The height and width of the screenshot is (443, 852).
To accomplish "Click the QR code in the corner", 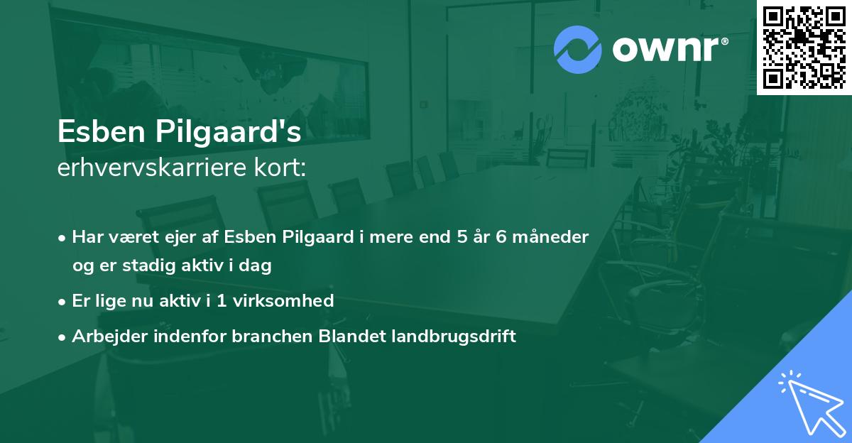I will point(804,47).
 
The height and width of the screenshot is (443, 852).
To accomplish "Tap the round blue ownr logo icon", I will point(578,49).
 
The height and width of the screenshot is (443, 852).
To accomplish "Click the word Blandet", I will point(344,336).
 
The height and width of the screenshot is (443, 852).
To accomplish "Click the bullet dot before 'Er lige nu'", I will point(63,301).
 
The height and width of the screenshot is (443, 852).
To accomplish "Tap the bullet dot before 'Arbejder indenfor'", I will point(63,337).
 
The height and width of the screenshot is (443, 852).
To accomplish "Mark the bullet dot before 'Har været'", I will point(63,238).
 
